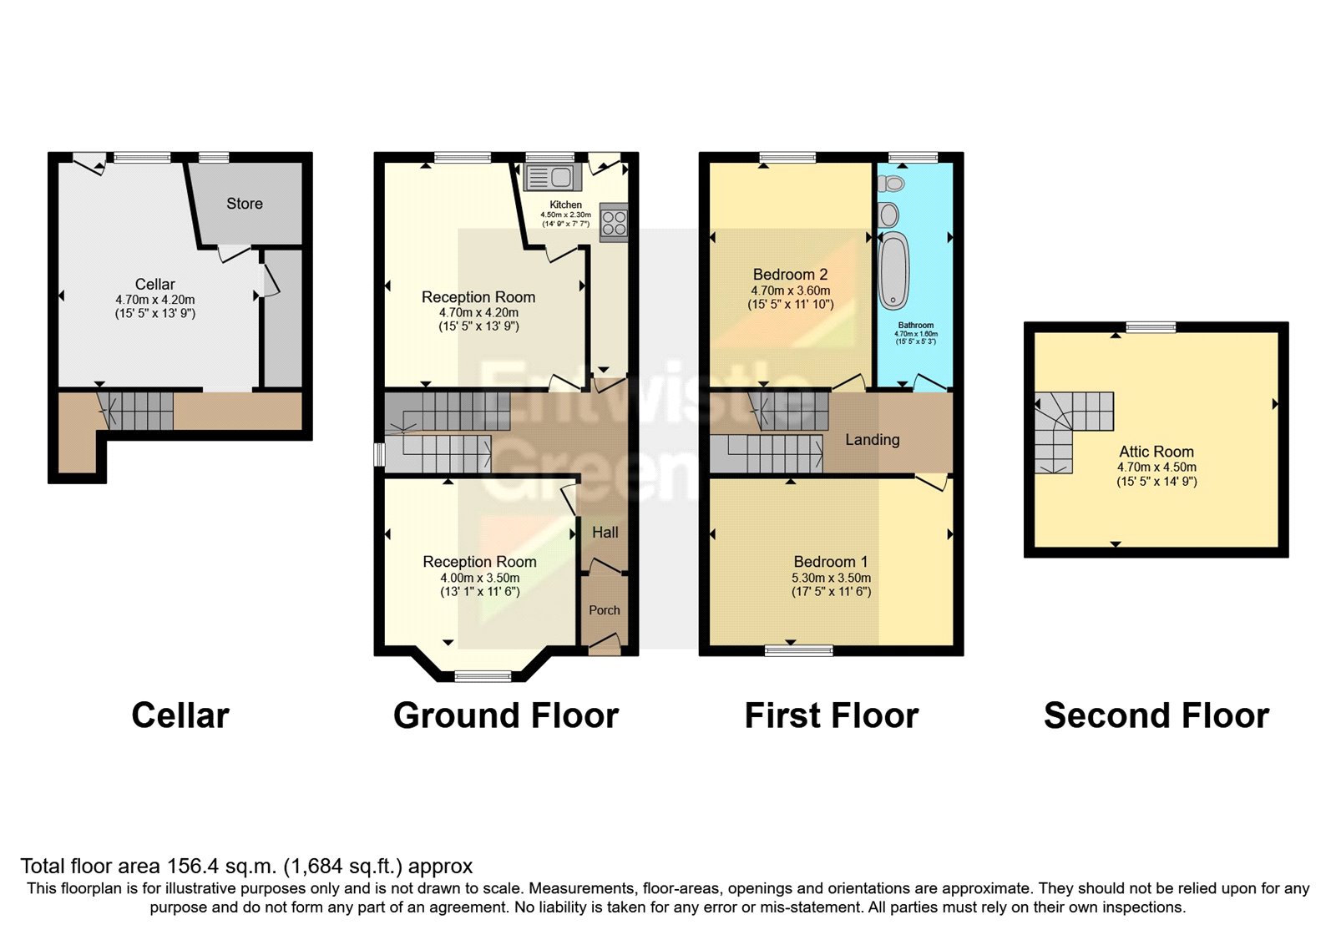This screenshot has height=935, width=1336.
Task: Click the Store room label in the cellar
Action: click(x=244, y=204)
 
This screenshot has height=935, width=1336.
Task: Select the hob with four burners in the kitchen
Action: click(x=614, y=222)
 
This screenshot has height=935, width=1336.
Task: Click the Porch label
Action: click(x=604, y=610)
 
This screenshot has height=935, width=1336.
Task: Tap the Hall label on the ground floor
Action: click(x=605, y=533)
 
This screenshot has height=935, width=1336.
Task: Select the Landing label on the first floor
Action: click(x=872, y=440)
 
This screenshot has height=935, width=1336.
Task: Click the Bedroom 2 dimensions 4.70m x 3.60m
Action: click(x=790, y=291)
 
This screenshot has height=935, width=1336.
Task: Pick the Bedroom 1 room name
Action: click(x=830, y=562)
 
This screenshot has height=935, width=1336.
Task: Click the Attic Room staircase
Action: click(x=1069, y=426)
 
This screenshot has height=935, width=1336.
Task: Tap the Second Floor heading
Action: click(x=1156, y=716)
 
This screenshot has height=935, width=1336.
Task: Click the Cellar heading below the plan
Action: click(x=180, y=716)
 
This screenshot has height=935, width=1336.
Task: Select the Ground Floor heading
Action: click(x=506, y=716)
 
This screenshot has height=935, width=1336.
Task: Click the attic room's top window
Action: click(x=1151, y=327)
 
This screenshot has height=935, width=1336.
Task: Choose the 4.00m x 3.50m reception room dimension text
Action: click(x=479, y=578)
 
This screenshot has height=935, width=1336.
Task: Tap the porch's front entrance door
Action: click(x=603, y=644)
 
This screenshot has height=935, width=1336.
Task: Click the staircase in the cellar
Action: click(x=138, y=411)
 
